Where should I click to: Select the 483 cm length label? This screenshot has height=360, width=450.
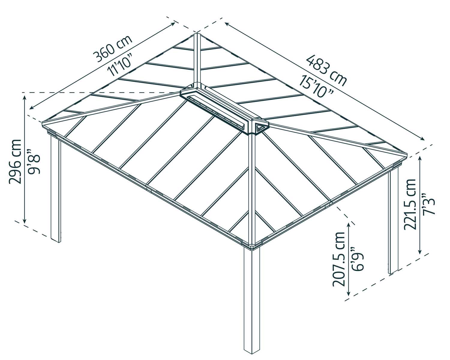(326, 70)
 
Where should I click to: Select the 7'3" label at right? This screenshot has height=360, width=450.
(428, 204)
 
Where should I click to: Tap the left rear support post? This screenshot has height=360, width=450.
(56, 189)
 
